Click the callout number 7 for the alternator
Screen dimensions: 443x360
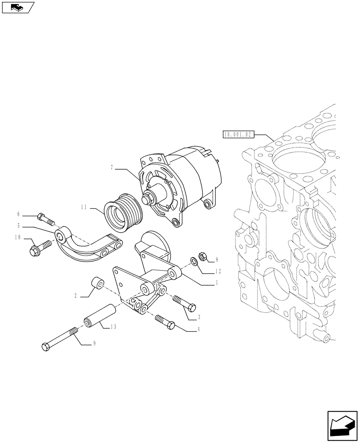point(113,167)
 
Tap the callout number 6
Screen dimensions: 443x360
point(31,214)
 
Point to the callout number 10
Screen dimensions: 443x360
point(18,237)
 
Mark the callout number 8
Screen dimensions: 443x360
point(217,260)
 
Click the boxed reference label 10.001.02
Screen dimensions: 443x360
point(238,133)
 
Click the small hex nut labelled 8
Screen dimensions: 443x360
point(200,256)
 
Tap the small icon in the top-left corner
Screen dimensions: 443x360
point(18,7)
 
